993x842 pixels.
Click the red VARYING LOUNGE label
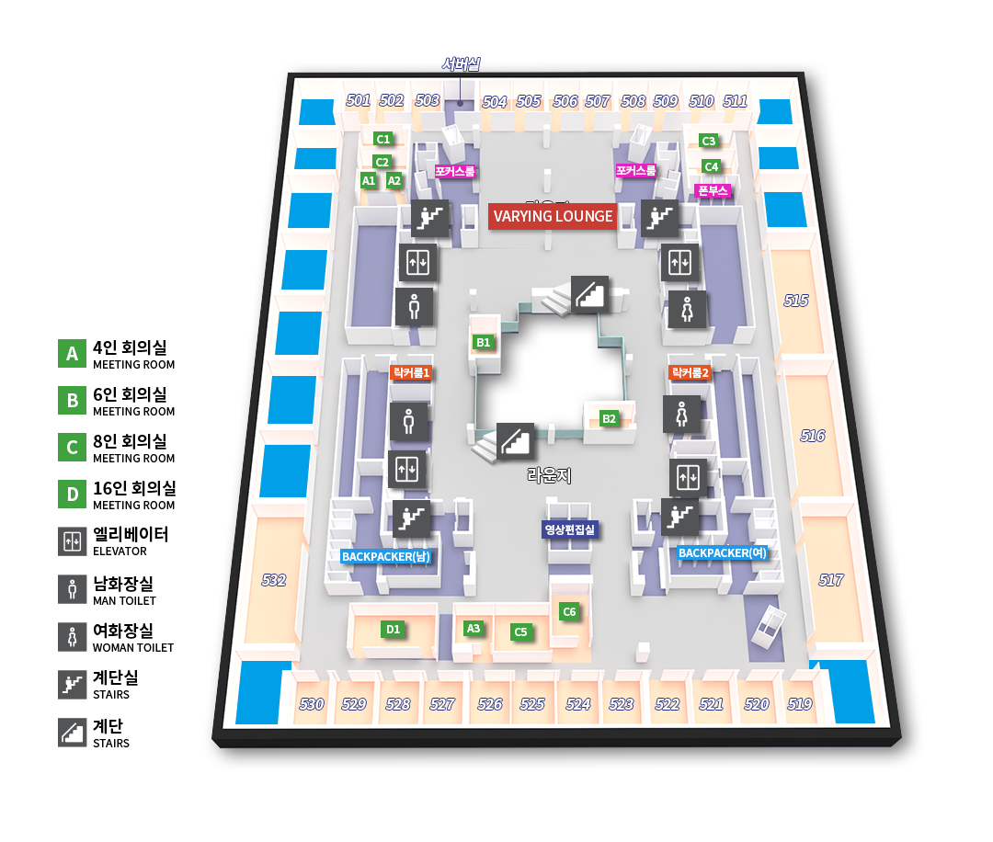point(553,217)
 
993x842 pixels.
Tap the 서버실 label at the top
point(460,64)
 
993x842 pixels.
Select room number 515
point(796,301)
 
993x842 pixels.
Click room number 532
point(274,580)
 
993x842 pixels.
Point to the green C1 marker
point(383,139)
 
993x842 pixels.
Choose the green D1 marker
point(393,630)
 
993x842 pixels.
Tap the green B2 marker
point(609,419)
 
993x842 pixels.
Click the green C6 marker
point(569,612)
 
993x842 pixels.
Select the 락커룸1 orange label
point(411,372)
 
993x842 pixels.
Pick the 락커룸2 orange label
point(690,372)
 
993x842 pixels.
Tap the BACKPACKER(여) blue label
point(722,553)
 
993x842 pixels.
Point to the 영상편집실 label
point(570,529)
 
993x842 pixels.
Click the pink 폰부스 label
point(713,191)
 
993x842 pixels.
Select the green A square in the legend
point(72,354)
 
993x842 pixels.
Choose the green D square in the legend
point(72,495)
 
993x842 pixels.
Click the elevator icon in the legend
point(72,542)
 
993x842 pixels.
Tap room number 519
point(800,704)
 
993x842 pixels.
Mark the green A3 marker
point(474,629)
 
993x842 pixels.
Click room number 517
point(831,580)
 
